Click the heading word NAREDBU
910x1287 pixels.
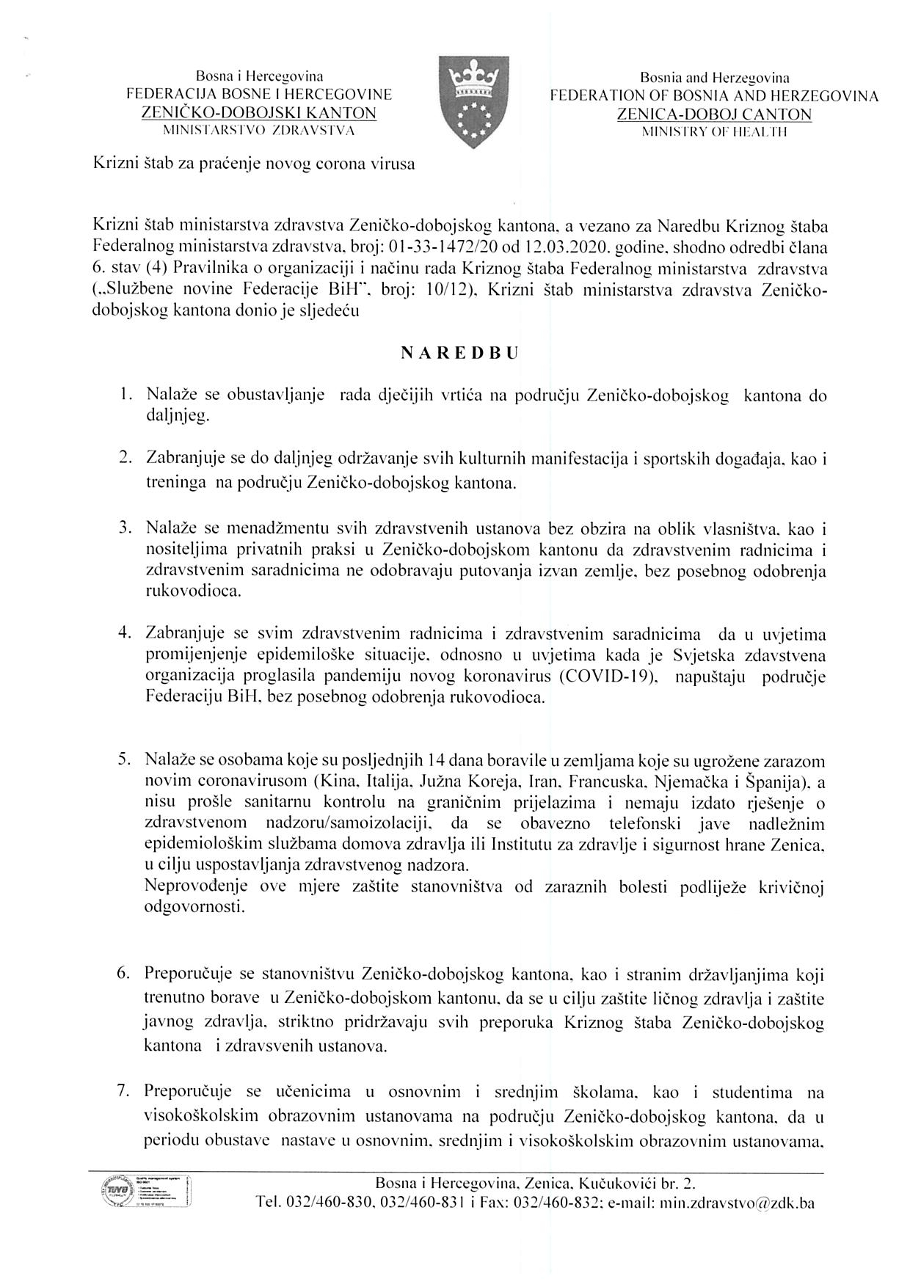tap(459, 352)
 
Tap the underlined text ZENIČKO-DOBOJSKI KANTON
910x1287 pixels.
tap(259, 113)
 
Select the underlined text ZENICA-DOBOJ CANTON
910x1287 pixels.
tap(714, 114)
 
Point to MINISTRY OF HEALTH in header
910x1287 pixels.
tap(714, 132)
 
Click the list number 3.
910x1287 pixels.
tap(125, 528)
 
